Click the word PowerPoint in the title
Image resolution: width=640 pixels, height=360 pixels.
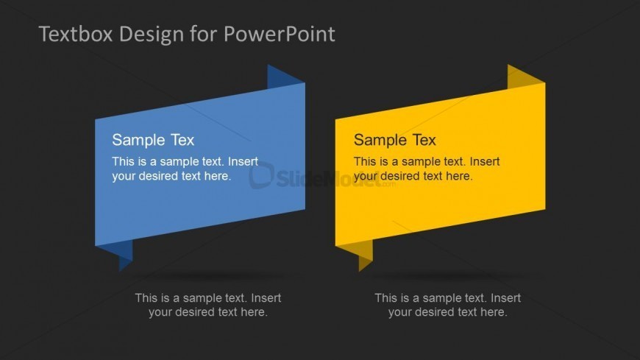pos(280,34)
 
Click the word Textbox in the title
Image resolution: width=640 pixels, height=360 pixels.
pos(76,34)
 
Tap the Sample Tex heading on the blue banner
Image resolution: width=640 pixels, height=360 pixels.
pos(153,140)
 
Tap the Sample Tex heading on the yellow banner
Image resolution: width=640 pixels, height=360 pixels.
pos(395,140)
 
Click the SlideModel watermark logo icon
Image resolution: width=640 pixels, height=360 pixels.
pos(261,175)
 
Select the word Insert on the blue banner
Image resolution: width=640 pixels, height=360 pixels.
pos(243,161)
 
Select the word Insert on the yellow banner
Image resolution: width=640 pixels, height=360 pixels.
pos(485,161)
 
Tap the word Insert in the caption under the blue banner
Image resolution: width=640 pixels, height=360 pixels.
pos(266,298)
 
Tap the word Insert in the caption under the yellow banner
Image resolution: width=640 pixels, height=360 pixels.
pos(505,298)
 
